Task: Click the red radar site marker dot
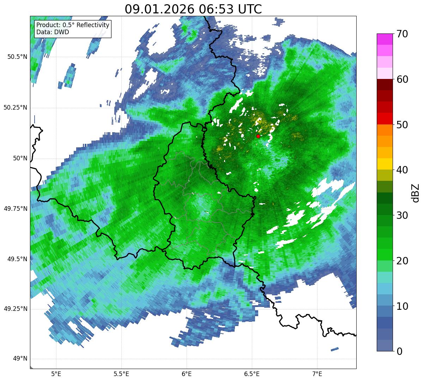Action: coord(258,136)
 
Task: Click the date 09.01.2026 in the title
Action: coord(159,9)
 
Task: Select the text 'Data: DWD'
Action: coord(53,32)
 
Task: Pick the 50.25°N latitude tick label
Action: coord(16,107)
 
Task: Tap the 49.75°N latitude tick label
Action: coord(16,209)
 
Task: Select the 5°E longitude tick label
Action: coord(56,374)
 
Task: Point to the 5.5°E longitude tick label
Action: coord(121,374)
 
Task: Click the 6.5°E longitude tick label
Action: coord(252,374)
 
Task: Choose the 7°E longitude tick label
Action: coord(317,374)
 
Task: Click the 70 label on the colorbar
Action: coord(400,34)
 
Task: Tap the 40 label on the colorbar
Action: coord(400,170)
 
